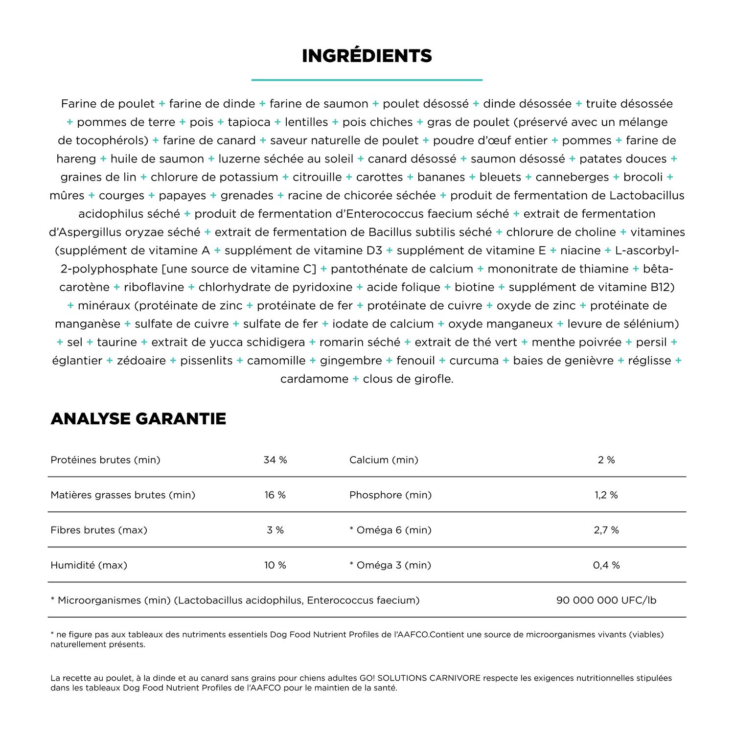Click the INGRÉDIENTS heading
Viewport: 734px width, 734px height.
(367, 56)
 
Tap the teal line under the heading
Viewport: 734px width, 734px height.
(367, 80)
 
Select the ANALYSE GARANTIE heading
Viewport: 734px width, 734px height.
(138, 419)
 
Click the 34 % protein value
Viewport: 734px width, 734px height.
(275, 460)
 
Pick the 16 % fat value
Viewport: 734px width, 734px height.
(275, 495)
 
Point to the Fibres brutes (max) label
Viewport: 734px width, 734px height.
(99, 530)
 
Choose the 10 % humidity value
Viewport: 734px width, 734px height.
(275, 565)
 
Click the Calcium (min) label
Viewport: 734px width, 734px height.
(384, 460)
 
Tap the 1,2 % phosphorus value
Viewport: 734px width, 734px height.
(606, 495)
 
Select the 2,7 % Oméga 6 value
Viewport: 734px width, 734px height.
(606, 530)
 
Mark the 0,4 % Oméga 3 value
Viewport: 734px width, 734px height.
(606, 565)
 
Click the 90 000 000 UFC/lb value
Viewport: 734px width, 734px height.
(606, 600)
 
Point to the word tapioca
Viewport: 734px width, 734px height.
(249, 122)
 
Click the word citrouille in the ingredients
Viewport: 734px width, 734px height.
(317, 177)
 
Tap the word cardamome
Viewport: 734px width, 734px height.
(314, 379)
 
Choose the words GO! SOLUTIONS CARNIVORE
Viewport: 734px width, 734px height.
(420, 678)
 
